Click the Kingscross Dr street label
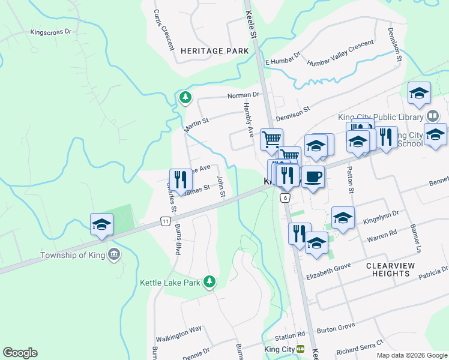coord(51,32)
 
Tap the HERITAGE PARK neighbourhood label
coord(214,52)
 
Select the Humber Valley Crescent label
coord(340,55)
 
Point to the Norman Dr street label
coord(243,95)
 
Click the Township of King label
coord(71,255)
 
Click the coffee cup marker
coord(313,177)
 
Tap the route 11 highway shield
coord(165,222)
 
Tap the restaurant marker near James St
coord(181,179)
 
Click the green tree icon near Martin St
coord(185,97)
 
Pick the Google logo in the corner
coord(20,353)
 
